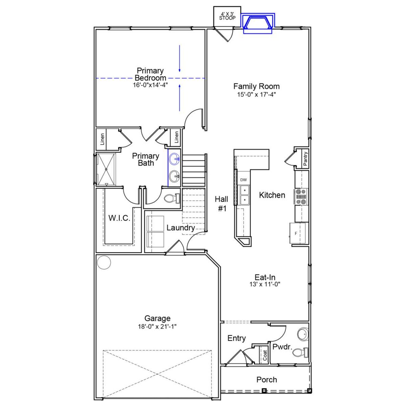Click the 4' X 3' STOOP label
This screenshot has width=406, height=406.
pos(227,16)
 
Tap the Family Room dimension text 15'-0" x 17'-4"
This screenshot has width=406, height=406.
pos(257,94)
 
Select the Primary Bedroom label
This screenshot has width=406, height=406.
pos(150,74)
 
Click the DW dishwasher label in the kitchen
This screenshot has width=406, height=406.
pos(243,180)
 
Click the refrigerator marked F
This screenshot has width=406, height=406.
pos(298,233)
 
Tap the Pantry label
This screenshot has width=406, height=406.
pos(305,159)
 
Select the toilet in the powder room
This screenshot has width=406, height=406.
pos(300,352)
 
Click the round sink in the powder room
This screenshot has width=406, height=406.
pos(303,334)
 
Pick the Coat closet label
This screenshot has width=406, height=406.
pos(265,355)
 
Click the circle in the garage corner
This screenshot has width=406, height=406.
pos(104,262)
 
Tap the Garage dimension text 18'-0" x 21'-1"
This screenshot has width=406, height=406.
pos(157,327)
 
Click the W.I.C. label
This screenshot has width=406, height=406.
pos(119,218)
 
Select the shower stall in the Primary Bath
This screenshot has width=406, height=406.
pos(106,169)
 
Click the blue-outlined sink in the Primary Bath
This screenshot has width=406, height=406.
pos(174,159)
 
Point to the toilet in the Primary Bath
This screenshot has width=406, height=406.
pos(173,199)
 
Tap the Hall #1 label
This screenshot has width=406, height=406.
pos(221,204)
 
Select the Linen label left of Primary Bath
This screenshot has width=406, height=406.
pos(102,139)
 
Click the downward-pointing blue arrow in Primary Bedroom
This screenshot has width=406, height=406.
pos(180,59)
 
